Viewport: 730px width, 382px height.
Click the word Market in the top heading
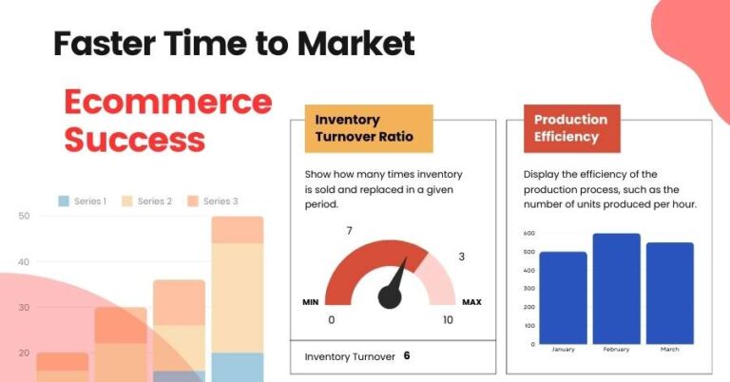click(x=356, y=43)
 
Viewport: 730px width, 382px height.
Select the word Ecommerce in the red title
click(x=167, y=103)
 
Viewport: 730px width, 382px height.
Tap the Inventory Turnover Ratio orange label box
click(x=368, y=129)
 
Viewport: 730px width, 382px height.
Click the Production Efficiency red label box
click(x=571, y=129)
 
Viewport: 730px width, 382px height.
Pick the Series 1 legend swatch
click(x=64, y=201)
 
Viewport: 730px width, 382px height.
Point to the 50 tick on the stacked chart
click(x=24, y=217)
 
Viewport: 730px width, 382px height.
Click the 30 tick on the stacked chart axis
click(x=24, y=307)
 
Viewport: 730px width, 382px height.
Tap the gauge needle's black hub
click(x=390, y=297)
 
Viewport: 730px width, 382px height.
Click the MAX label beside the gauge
click(x=471, y=302)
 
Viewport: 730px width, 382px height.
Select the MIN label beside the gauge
click(x=310, y=302)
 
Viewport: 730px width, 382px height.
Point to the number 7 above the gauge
click(x=349, y=231)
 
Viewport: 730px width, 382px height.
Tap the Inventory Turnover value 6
click(x=407, y=356)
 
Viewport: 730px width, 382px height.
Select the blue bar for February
click(x=616, y=289)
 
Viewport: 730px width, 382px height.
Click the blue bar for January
click(x=563, y=297)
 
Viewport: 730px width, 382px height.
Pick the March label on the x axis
click(x=670, y=350)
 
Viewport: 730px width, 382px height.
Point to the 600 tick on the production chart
click(x=528, y=234)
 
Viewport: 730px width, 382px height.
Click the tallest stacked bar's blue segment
click(x=237, y=367)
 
